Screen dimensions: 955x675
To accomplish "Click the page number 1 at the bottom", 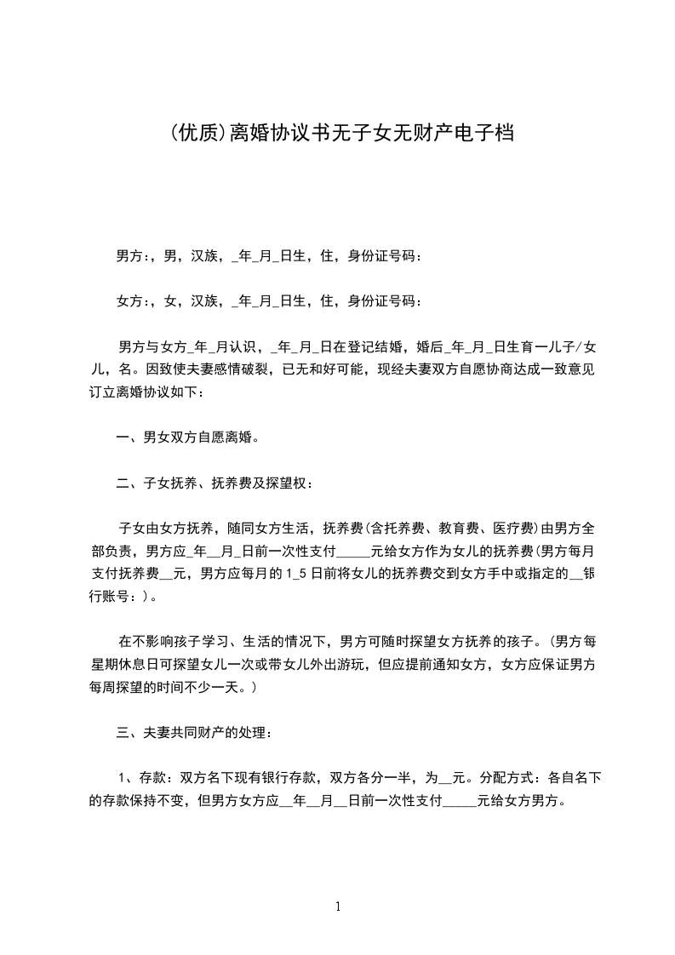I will pyautogui.click(x=338, y=906).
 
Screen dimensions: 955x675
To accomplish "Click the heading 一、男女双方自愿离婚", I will pyautogui.click(x=187, y=438).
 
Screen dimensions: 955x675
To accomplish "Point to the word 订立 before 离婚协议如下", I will pyautogui.click(x=103, y=392).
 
